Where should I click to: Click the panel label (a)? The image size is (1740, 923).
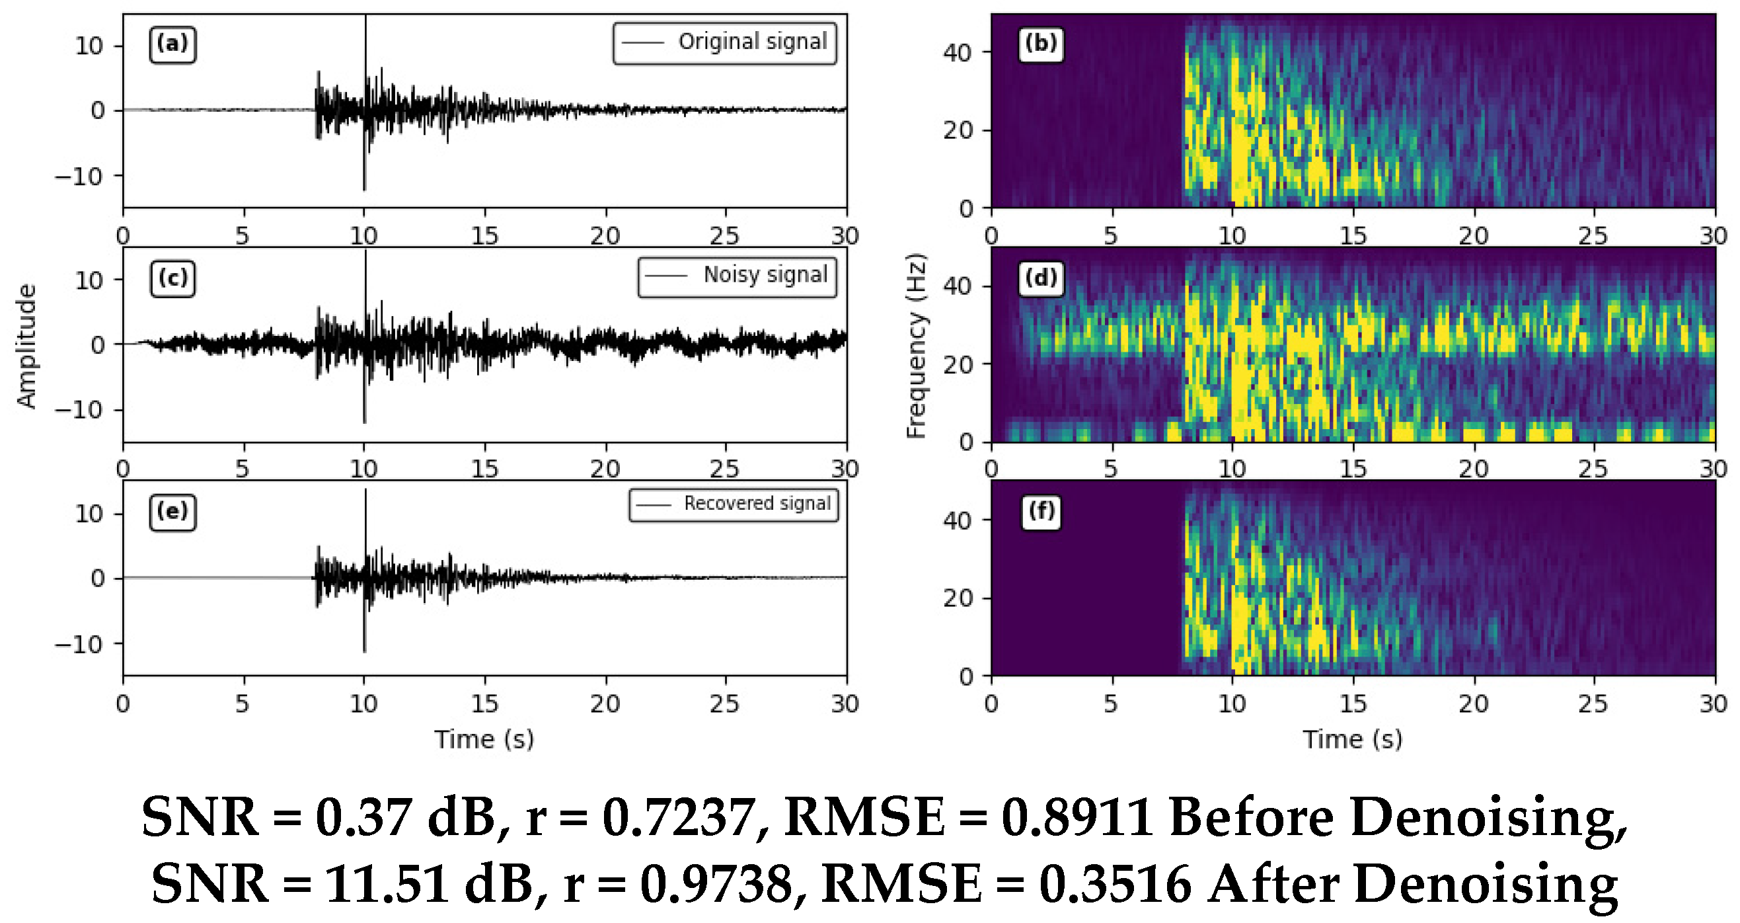coord(172,44)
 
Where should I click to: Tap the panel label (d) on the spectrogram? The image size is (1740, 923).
coord(1041,278)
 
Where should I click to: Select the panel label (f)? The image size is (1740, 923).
coord(1041,512)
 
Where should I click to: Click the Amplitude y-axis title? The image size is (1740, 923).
coord(26,345)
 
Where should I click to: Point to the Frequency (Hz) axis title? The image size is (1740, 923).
coord(915,345)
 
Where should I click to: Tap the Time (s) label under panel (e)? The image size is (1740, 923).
coord(484,739)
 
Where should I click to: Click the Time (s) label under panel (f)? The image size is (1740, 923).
coord(1352,739)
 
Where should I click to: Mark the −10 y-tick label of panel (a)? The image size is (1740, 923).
coord(79,177)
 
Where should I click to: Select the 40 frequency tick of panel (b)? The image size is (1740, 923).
coord(957,53)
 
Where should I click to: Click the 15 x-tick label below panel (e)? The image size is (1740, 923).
coord(484,704)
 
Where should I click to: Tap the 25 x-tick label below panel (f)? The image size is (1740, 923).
coord(1593,704)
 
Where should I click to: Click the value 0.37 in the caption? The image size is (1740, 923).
coord(364,819)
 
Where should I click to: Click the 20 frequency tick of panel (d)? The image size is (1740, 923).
coord(957,365)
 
